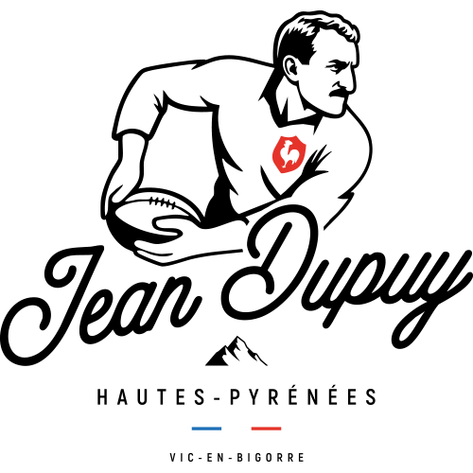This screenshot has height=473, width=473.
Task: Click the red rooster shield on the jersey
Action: click(289, 154)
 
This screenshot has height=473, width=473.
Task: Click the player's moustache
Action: click(342, 92)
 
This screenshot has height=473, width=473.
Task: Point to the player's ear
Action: click(290, 68)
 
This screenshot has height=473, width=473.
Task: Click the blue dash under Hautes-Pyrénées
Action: click(206, 429)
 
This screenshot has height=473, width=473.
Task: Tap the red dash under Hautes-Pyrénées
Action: click(266, 429)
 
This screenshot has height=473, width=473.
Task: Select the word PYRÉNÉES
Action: click(303, 395)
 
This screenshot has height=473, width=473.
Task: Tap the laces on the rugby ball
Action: click(163, 202)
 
